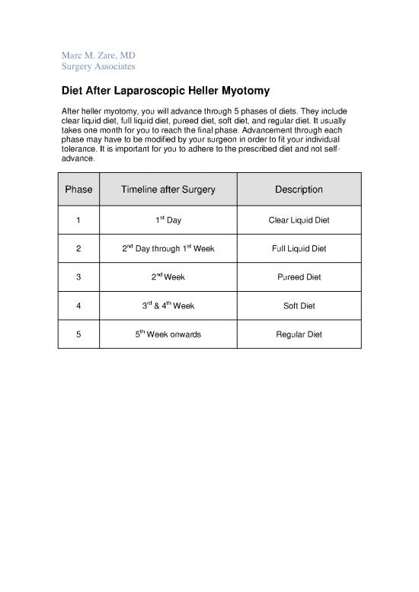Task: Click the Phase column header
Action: pyautogui.click(x=78, y=190)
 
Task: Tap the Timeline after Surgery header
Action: pyautogui.click(x=168, y=190)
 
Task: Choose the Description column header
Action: pyautogui.click(x=297, y=190)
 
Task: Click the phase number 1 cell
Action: pyautogui.click(x=78, y=221)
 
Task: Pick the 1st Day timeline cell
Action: pyautogui.click(x=168, y=221)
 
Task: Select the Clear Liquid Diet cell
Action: pyautogui.click(x=297, y=221)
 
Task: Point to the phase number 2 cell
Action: pyautogui.click(x=78, y=249)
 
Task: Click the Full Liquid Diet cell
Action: pyautogui.click(x=297, y=249)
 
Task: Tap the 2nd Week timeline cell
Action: pyautogui.click(x=168, y=277)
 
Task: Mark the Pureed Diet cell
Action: pyautogui.click(x=297, y=277)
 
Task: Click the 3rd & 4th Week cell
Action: pyautogui.click(x=168, y=306)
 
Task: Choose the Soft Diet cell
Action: pyautogui.click(x=297, y=306)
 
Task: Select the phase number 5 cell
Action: pyautogui.click(x=78, y=334)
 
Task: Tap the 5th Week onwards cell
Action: pyautogui.click(x=168, y=334)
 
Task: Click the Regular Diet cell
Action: pyautogui.click(x=297, y=334)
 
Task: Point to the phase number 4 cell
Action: pyautogui.click(x=78, y=306)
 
